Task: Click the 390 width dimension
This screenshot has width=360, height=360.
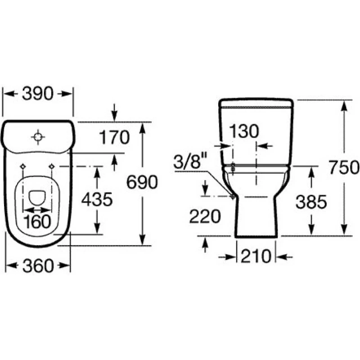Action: coord(38,94)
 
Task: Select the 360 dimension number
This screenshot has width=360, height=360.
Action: coord(38,266)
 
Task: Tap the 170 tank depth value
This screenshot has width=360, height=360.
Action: coord(114,138)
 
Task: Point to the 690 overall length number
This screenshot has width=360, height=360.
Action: coord(142,182)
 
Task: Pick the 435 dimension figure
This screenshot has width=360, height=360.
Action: coord(97,199)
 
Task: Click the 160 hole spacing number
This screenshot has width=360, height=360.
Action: coord(37,222)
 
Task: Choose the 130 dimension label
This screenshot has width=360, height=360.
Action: coord(244,131)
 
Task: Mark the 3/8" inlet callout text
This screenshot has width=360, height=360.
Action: coord(190,162)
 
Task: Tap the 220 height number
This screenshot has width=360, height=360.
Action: coord(205,216)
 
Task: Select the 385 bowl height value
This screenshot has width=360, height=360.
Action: coord(311,202)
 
